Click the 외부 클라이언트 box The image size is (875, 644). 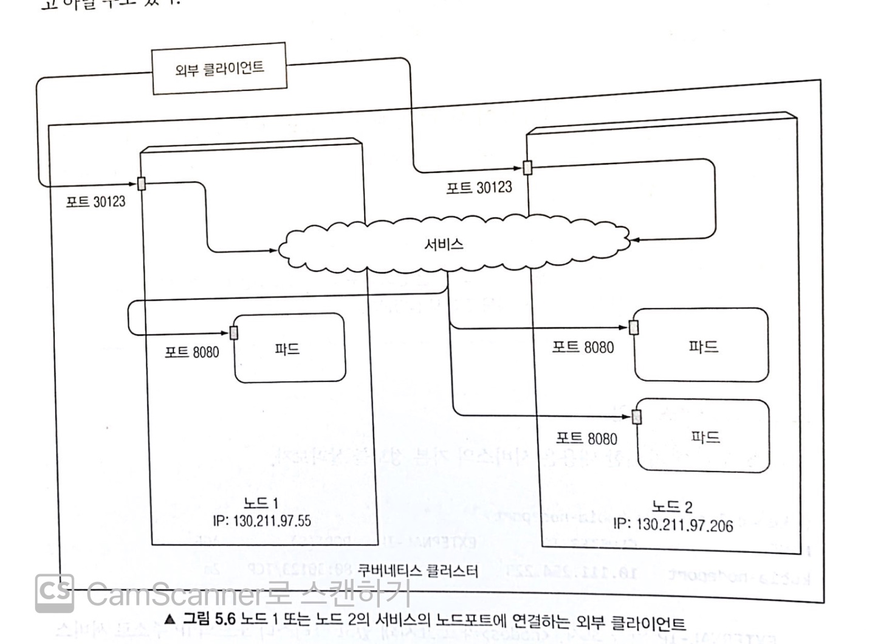(219, 68)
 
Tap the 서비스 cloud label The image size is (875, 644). (444, 244)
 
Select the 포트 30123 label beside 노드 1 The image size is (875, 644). (95, 202)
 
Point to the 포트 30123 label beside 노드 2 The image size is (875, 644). (479, 187)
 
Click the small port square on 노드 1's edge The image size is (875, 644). (142, 183)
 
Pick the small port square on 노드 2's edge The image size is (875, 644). (527, 167)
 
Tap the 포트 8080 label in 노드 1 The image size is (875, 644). (191, 352)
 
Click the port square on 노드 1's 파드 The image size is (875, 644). (234, 332)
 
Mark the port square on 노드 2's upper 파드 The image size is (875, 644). (634, 327)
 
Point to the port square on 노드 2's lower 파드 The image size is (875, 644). (637, 417)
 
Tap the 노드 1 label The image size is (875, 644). (260, 503)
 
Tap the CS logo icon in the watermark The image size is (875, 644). (55, 592)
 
